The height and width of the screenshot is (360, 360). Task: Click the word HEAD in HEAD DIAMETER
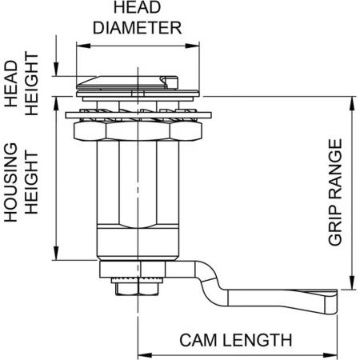[x=138, y=7]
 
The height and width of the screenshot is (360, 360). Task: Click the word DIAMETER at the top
[x=138, y=28]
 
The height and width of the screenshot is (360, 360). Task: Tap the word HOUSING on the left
[x=11, y=182]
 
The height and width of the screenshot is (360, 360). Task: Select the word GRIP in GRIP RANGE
[x=335, y=226]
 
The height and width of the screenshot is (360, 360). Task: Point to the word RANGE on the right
[x=335, y=169]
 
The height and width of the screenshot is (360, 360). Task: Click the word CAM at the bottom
[x=198, y=340]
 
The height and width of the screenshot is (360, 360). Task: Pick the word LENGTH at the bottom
[x=258, y=340]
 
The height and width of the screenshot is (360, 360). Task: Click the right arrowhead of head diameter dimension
[x=193, y=46]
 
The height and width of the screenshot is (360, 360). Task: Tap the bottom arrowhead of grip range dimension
[x=352, y=282]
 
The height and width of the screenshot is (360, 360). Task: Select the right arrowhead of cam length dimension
[x=330, y=355]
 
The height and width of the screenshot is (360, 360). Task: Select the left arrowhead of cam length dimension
[x=145, y=355]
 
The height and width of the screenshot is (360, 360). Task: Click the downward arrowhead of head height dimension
[x=56, y=70]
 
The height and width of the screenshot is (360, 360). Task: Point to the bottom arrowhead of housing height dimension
[x=56, y=253]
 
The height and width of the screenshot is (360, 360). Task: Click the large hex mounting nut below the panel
[x=138, y=131]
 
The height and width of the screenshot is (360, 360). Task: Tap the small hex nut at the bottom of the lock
[x=138, y=289]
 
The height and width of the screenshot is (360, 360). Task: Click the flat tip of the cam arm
[x=331, y=302]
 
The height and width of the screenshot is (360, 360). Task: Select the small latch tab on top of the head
[x=169, y=82]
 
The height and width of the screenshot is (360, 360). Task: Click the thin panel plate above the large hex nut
[x=138, y=115]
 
